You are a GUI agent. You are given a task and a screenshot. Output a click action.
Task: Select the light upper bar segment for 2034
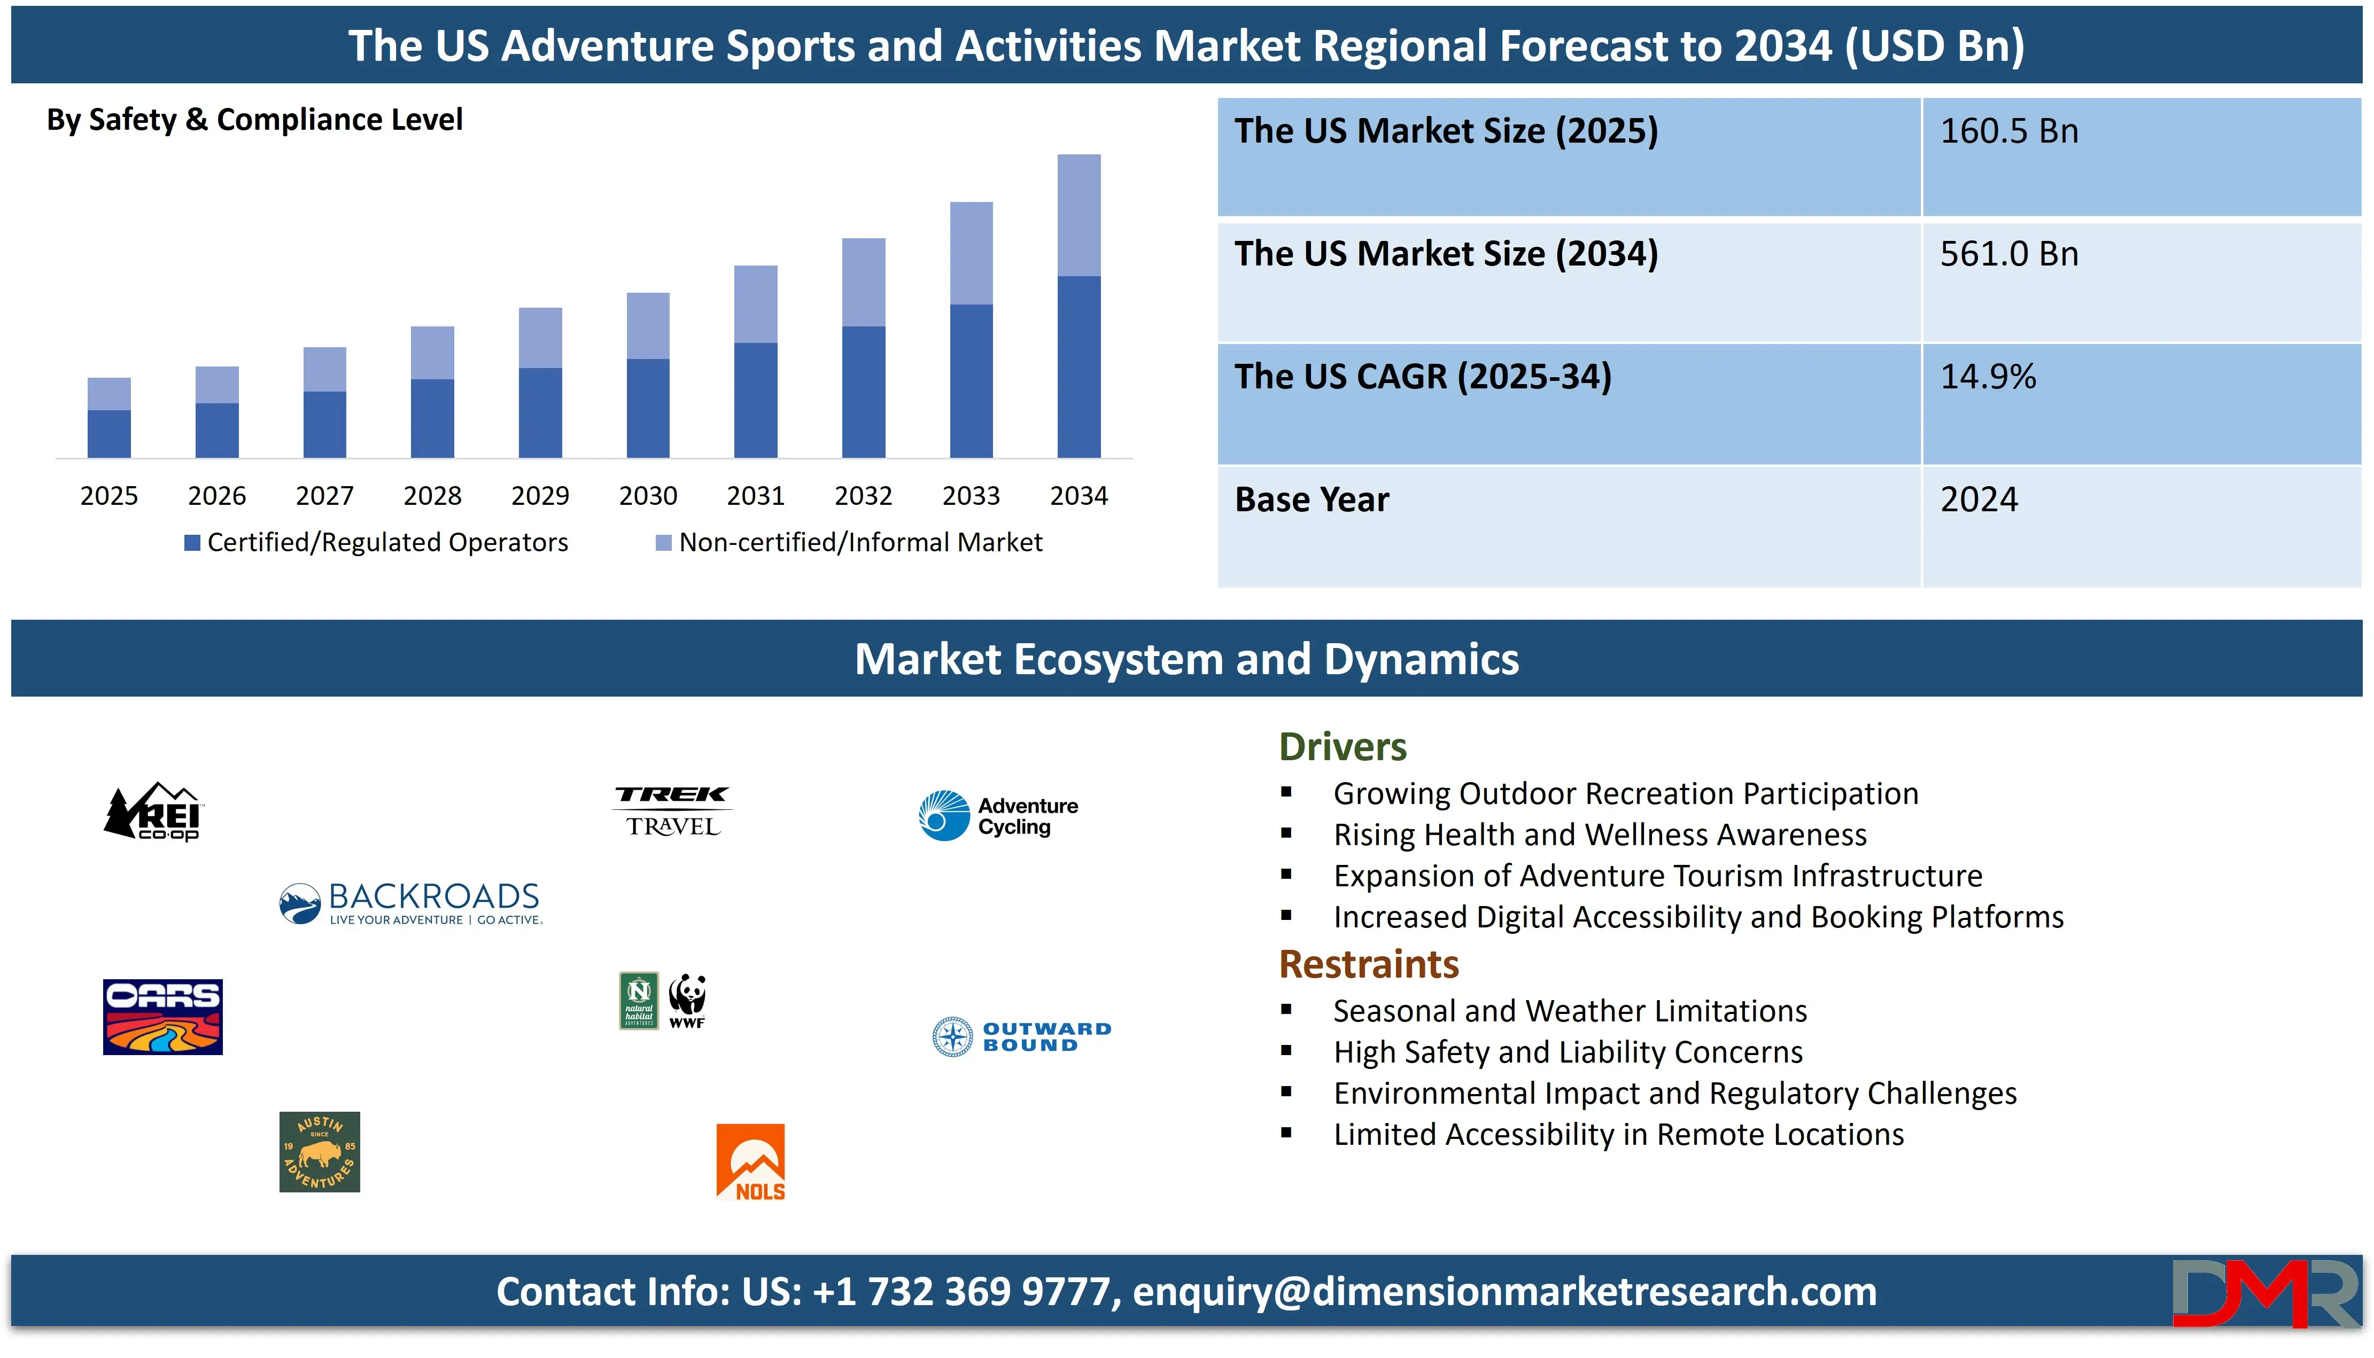[1079, 215]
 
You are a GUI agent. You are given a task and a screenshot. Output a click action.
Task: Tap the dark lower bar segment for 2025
[109, 434]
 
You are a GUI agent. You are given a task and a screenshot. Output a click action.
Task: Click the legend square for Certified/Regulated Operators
[192, 543]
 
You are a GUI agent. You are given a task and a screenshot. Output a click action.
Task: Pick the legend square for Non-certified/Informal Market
[664, 543]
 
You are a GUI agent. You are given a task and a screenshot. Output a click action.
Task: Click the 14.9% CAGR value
[1988, 377]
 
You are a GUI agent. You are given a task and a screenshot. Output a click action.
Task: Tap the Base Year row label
[1312, 500]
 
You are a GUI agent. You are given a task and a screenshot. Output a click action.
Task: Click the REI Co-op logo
[153, 810]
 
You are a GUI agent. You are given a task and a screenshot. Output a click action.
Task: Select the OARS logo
[162, 1017]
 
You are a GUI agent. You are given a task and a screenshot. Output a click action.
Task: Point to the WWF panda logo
[687, 1001]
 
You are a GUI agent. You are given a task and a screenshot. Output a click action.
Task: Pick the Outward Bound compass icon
[952, 1036]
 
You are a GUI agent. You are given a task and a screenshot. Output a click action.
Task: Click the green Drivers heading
[1343, 747]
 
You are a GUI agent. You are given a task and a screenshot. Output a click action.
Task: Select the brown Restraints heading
[1368, 964]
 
